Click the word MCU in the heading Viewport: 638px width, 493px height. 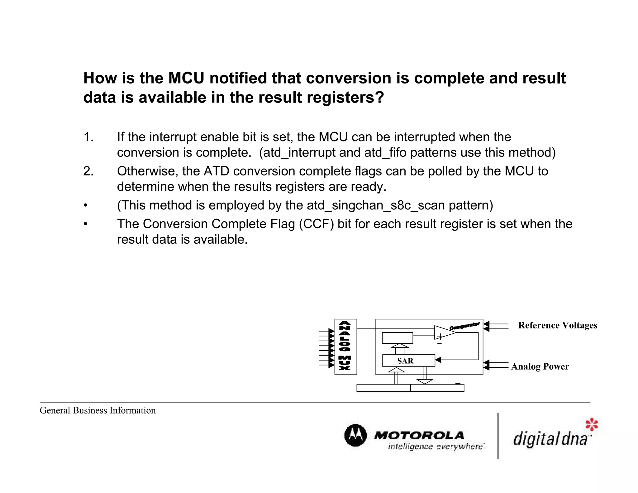tap(186, 78)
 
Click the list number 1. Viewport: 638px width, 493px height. tap(88, 137)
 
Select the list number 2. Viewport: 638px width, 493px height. tap(88, 171)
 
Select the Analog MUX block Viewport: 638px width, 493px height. tap(345, 347)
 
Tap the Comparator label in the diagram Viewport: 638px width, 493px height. tap(464, 326)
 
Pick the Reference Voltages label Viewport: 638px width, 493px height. tap(557, 325)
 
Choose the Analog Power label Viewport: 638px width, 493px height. tap(540, 366)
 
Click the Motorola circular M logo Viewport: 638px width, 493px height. tap(355, 435)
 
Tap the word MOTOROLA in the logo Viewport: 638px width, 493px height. tap(419, 435)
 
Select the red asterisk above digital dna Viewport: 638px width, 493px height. tap(592, 424)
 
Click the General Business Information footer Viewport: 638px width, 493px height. tap(98, 410)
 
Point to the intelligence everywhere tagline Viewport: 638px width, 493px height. tap(436, 447)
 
